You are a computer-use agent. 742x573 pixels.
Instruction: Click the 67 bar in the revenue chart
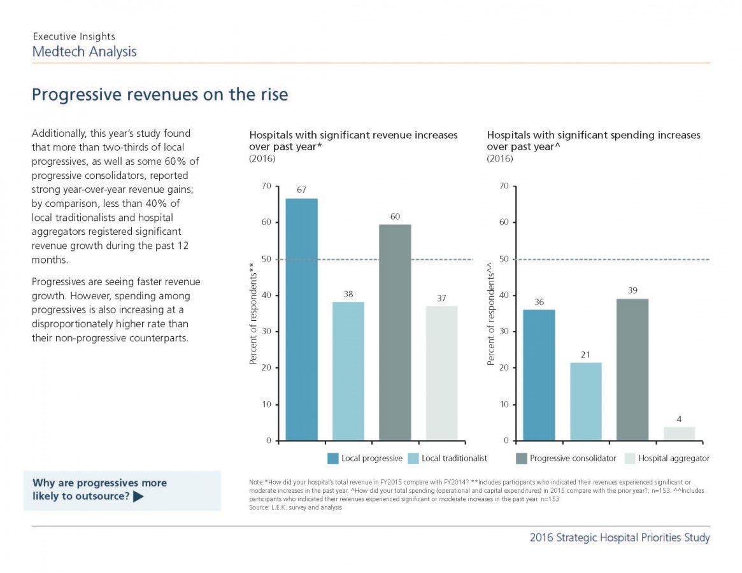[x=301, y=320]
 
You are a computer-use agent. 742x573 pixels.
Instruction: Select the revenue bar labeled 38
[x=348, y=371]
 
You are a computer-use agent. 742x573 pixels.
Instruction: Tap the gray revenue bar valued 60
[x=395, y=332]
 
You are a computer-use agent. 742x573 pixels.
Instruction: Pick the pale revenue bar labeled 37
[x=441, y=373]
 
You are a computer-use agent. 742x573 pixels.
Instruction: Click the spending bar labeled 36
[x=539, y=375]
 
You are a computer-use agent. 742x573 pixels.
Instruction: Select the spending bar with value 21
[x=586, y=402]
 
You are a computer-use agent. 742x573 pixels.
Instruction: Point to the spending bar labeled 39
[x=632, y=369]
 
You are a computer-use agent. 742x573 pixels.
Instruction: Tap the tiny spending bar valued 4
[x=679, y=434]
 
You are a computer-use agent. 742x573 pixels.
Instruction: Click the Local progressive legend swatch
[x=332, y=458]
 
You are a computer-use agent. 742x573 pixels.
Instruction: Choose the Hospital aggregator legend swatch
[x=630, y=458]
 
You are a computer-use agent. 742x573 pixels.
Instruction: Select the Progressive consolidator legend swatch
[x=521, y=458]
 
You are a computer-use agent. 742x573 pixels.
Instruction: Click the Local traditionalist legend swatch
[x=413, y=458]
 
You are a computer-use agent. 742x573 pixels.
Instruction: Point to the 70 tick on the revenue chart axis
[x=266, y=186]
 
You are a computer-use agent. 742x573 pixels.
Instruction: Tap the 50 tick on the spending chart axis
[x=504, y=259]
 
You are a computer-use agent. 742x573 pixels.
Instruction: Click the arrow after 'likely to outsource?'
[x=138, y=497]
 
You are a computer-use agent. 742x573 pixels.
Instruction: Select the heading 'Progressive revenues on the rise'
[x=160, y=95]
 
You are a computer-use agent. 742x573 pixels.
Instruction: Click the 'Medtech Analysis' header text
[x=84, y=52]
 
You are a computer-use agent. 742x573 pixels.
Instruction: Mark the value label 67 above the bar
[x=301, y=190]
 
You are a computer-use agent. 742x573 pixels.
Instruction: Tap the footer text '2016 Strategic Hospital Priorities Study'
[x=620, y=537]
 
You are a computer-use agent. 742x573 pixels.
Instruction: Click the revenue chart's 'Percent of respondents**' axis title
[x=253, y=314]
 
